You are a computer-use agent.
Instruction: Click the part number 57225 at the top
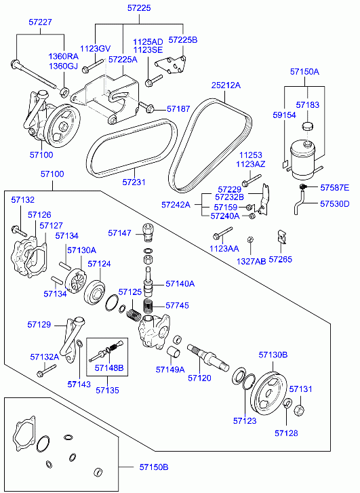[139, 8]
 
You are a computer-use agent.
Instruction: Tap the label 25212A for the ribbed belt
[226, 85]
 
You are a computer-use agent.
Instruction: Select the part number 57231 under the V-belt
[134, 182]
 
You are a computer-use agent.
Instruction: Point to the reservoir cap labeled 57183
[308, 126]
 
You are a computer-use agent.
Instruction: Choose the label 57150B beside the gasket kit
[154, 467]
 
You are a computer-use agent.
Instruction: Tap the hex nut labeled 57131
[299, 410]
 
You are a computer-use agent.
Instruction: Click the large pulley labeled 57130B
[270, 394]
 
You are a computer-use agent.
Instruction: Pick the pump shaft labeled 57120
[208, 358]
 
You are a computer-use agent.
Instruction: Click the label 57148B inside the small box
[109, 368]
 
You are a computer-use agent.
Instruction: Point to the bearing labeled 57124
[95, 292]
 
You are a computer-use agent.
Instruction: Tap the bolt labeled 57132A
[46, 371]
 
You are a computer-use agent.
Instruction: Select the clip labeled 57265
[282, 237]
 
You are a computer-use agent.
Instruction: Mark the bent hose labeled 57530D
[300, 202]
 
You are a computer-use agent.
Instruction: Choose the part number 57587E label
[334, 188]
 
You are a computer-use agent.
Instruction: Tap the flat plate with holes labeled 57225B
[170, 65]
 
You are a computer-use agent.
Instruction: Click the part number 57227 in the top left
[40, 22]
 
